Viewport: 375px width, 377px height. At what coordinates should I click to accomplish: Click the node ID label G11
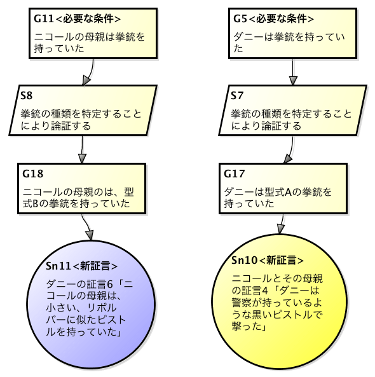click(x=44, y=18)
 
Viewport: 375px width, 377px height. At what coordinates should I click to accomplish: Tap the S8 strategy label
click(x=26, y=96)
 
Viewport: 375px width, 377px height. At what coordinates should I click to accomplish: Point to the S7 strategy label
click(x=236, y=96)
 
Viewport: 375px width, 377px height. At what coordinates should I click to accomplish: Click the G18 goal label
click(x=32, y=173)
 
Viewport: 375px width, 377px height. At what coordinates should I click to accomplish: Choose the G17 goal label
click(x=235, y=173)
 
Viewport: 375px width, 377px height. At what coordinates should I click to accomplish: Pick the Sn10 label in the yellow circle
click(x=245, y=260)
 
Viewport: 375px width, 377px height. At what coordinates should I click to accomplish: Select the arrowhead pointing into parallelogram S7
click(x=293, y=80)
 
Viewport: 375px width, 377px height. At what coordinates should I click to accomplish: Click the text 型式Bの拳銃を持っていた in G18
click(x=76, y=204)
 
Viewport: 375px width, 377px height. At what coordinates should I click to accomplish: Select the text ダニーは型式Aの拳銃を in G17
click(x=278, y=191)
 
